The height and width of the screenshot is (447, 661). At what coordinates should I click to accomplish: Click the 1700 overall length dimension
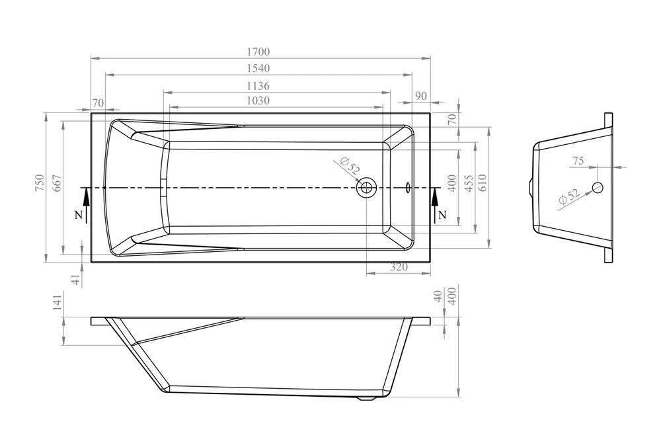(x=258, y=52)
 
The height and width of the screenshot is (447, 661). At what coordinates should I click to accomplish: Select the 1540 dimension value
(x=258, y=68)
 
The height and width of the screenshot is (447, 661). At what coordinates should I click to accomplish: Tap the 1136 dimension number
(x=258, y=86)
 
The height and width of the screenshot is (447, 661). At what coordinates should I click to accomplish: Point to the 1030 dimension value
(x=258, y=101)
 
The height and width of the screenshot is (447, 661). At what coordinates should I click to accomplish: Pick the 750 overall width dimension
(x=39, y=183)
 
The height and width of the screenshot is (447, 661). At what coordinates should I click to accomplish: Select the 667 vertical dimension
(x=57, y=183)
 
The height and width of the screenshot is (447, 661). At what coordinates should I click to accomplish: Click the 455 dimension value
(x=469, y=183)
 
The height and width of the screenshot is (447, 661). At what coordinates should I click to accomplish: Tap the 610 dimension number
(x=483, y=183)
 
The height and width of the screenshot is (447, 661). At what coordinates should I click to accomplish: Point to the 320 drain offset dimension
(x=399, y=267)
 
